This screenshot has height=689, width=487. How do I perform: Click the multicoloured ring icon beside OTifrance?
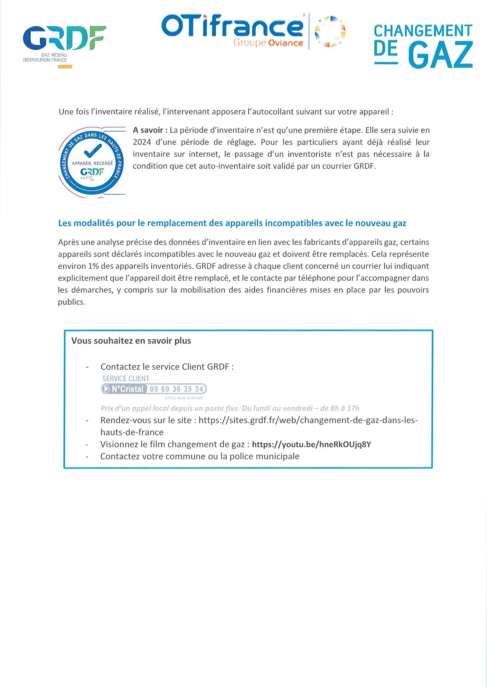[x=330, y=31]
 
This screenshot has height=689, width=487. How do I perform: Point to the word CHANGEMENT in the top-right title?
[x=423, y=31]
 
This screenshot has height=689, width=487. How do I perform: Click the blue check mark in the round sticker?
[x=93, y=151]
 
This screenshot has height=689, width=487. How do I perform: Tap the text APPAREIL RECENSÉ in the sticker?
[x=92, y=163]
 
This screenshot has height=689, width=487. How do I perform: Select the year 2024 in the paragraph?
[x=142, y=142]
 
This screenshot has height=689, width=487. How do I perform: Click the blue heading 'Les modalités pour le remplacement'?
[x=232, y=223]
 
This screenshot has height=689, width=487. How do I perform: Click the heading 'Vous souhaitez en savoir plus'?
[x=131, y=341]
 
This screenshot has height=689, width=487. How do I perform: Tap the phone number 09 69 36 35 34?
[x=177, y=389]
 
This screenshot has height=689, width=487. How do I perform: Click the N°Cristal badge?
[x=124, y=389]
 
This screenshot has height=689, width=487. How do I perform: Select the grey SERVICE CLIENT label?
[x=125, y=378]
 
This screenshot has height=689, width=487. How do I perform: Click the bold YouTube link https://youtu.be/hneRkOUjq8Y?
[x=311, y=445]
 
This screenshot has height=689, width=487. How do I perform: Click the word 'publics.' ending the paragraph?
[x=72, y=302]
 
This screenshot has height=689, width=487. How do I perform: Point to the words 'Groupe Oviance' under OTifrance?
[x=268, y=43]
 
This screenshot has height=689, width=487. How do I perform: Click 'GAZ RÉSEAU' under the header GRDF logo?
[x=56, y=55]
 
